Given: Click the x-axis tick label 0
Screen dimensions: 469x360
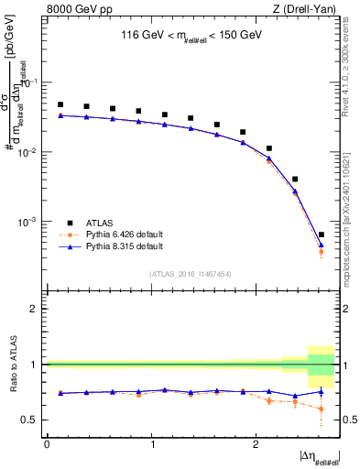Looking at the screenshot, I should point(47,443).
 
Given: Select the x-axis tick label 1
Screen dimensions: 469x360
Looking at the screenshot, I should point(150,443).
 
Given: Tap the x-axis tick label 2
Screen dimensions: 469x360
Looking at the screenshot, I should point(254,443).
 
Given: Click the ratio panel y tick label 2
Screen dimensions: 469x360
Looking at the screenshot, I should point(35,309).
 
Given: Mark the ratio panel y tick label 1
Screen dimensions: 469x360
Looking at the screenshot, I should point(35,365).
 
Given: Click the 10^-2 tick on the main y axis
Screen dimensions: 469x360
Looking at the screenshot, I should point(29,152).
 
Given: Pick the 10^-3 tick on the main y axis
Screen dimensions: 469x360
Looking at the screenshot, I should point(29,222).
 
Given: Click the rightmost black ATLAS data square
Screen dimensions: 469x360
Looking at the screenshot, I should point(321,235).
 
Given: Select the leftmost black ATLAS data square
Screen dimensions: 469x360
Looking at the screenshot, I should point(60,104).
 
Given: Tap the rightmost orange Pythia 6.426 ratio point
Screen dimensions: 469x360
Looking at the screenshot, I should point(321,409).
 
